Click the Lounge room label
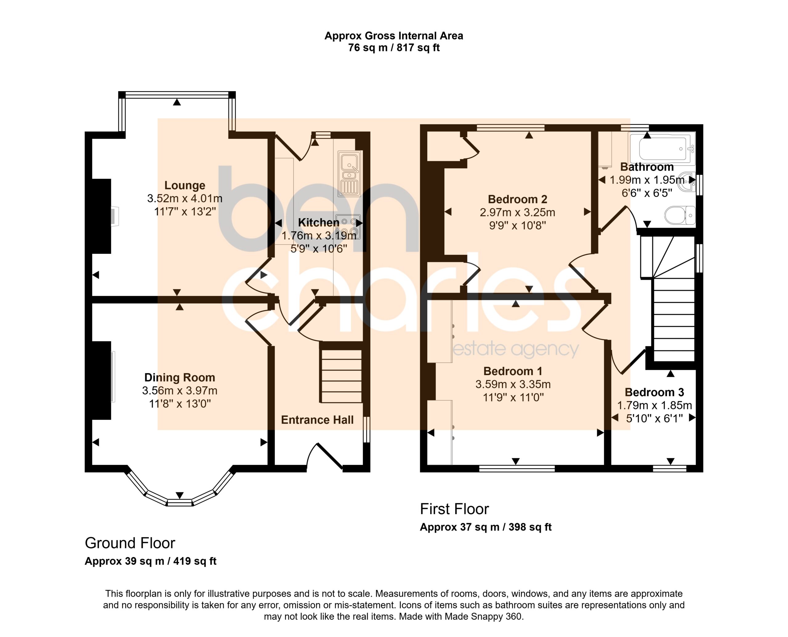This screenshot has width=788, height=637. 185,185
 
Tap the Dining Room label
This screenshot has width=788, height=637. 179,377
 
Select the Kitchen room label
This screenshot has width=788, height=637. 319,222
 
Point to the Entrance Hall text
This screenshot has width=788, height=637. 317,420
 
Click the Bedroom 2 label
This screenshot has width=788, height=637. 517,199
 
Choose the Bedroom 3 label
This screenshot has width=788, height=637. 654,392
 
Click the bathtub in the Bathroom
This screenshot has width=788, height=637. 662,148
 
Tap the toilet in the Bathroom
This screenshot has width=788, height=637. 680,215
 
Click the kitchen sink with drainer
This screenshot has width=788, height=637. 349,174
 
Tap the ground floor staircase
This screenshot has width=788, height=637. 341,376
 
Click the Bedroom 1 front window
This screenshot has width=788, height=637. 517,468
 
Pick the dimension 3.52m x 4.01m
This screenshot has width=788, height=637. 185,198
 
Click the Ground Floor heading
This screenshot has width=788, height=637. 130,543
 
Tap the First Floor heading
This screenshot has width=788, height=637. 454,509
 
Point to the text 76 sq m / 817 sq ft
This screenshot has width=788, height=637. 394,48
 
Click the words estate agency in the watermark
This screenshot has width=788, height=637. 516,349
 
